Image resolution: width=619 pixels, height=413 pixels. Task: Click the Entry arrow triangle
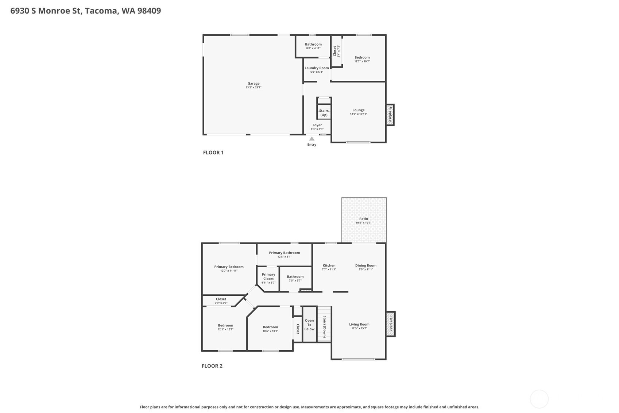pos(312,139)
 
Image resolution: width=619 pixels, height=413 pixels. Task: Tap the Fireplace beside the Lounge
pos(390,115)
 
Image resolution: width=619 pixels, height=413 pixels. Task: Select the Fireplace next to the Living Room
pos(391,324)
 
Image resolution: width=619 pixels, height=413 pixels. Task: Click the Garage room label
pos(254,83)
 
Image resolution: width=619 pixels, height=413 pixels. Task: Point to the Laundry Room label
pos(317,68)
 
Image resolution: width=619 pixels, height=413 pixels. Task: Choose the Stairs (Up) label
pos(324,112)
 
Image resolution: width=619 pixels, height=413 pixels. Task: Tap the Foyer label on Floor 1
pos(317,125)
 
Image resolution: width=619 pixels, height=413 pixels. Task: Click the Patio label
pos(363,218)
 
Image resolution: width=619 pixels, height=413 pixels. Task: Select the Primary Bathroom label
pos(285,253)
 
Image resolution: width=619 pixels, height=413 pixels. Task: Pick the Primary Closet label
pos(268,276)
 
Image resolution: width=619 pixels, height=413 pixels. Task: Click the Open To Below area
pos(309,324)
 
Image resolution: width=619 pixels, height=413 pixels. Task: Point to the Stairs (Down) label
pos(325,327)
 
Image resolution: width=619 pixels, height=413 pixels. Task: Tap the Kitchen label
pos(329,265)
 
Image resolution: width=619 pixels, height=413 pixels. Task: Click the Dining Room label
pos(365,265)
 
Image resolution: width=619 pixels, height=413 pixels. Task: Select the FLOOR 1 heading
pos(213,152)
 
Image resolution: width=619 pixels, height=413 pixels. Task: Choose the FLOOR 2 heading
pos(212,366)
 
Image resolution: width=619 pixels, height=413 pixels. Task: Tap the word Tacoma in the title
pos(102,11)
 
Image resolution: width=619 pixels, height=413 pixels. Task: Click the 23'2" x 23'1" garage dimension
pos(254,87)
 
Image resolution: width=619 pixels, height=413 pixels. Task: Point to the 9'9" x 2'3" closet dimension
pos(221,303)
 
